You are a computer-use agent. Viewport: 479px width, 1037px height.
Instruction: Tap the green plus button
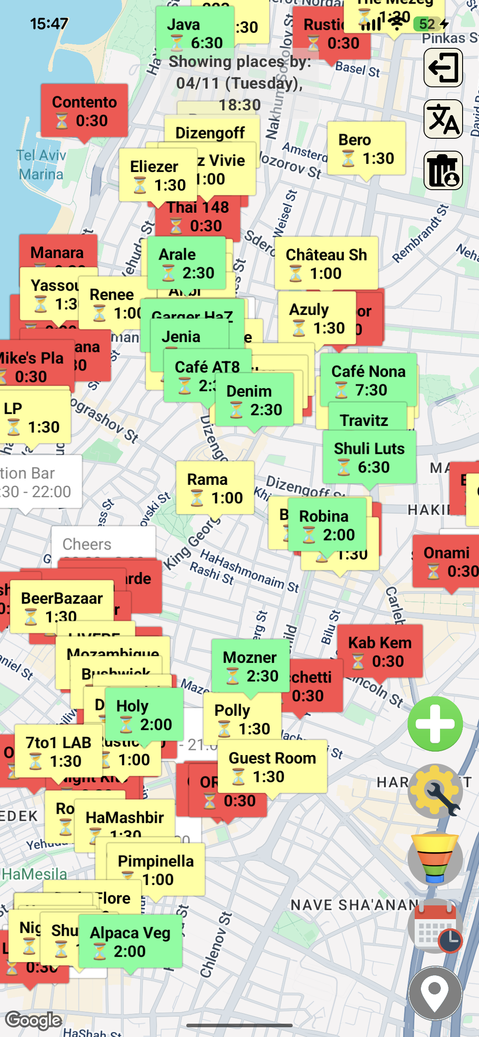pyautogui.click(x=435, y=724)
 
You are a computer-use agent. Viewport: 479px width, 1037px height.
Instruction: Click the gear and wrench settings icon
pyautogui.click(x=435, y=791)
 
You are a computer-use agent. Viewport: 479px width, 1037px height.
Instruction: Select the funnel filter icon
pyautogui.click(x=435, y=859)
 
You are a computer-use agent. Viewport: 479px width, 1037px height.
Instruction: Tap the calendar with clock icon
pyautogui.click(x=435, y=927)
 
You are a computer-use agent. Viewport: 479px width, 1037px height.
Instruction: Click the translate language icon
pyautogui.click(x=443, y=119)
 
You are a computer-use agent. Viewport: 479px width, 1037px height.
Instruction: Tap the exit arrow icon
pyautogui.click(x=443, y=68)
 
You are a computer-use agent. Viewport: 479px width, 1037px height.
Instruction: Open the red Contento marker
pyautogui.click(x=84, y=111)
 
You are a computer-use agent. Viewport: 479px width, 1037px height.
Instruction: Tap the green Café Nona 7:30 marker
pyautogui.click(x=368, y=380)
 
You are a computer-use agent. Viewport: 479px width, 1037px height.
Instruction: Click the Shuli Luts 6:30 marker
pyautogui.click(x=369, y=458)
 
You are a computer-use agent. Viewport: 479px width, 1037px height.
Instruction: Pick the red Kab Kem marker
pyautogui.click(x=380, y=652)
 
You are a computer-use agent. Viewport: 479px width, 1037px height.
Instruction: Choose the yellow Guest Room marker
pyautogui.click(x=272, y=767)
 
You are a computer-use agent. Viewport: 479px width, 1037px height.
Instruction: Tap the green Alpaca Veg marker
pyautogui.click(x=130, y=942)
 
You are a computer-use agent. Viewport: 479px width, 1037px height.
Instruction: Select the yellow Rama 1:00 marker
pyautogui.click(x=215, y=488)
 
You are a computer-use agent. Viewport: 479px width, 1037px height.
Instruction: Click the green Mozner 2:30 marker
pyautogui.click(x=250, y=667)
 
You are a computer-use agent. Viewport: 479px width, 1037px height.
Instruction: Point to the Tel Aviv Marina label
pyautogui.click(x=41, y=164)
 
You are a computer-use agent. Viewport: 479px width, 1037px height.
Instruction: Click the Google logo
pyautogui.click(x=34, y=1020)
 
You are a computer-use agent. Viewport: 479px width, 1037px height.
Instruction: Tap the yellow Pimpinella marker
pyautogui.click(x=156, y=870)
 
